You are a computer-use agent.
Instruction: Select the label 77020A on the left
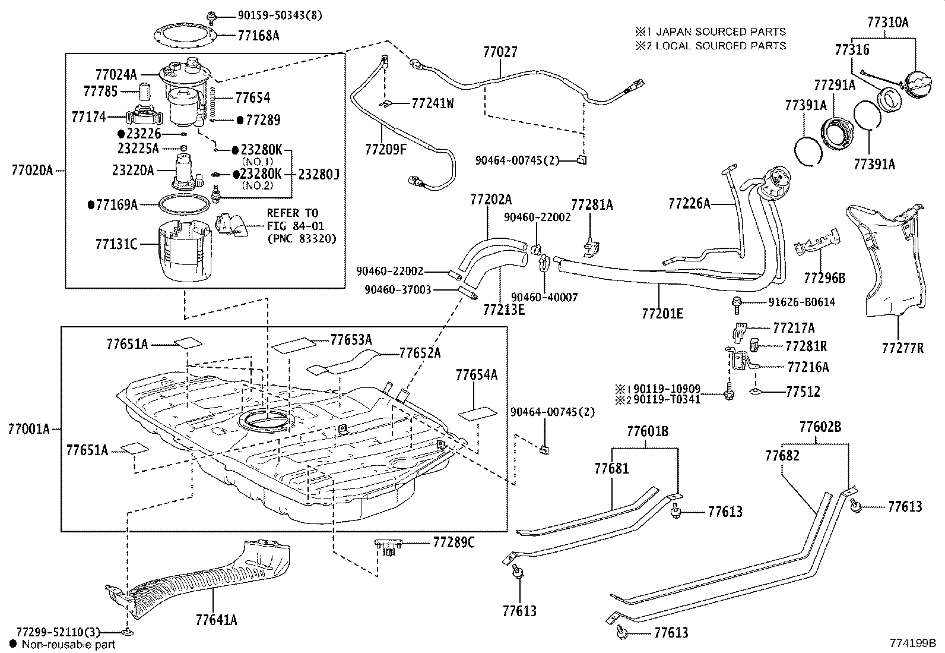32,171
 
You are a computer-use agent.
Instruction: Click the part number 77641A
216,620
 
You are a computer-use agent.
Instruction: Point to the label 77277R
902,348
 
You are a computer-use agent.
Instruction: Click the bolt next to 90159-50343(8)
211,15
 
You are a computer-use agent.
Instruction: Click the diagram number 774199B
912,643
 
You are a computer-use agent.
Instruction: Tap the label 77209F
386,149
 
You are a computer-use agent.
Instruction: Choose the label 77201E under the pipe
662,313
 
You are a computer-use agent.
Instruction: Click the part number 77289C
454,542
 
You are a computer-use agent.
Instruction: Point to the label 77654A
476,375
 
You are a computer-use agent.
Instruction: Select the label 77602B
820,427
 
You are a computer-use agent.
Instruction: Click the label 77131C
116,244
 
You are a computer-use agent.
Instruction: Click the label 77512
803,392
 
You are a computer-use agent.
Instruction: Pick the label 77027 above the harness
500,52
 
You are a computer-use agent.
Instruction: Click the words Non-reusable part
68,644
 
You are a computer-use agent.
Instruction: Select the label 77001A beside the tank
29,428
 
